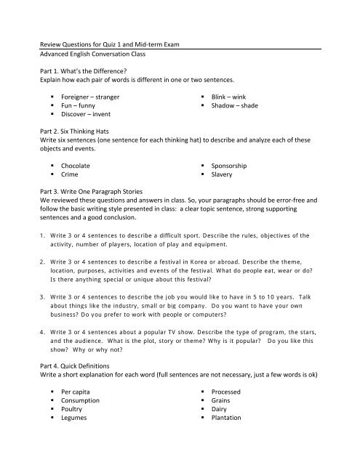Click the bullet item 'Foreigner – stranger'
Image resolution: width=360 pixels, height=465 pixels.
click(x=91, y=96)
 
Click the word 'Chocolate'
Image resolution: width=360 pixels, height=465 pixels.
click(x=76, y=166)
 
